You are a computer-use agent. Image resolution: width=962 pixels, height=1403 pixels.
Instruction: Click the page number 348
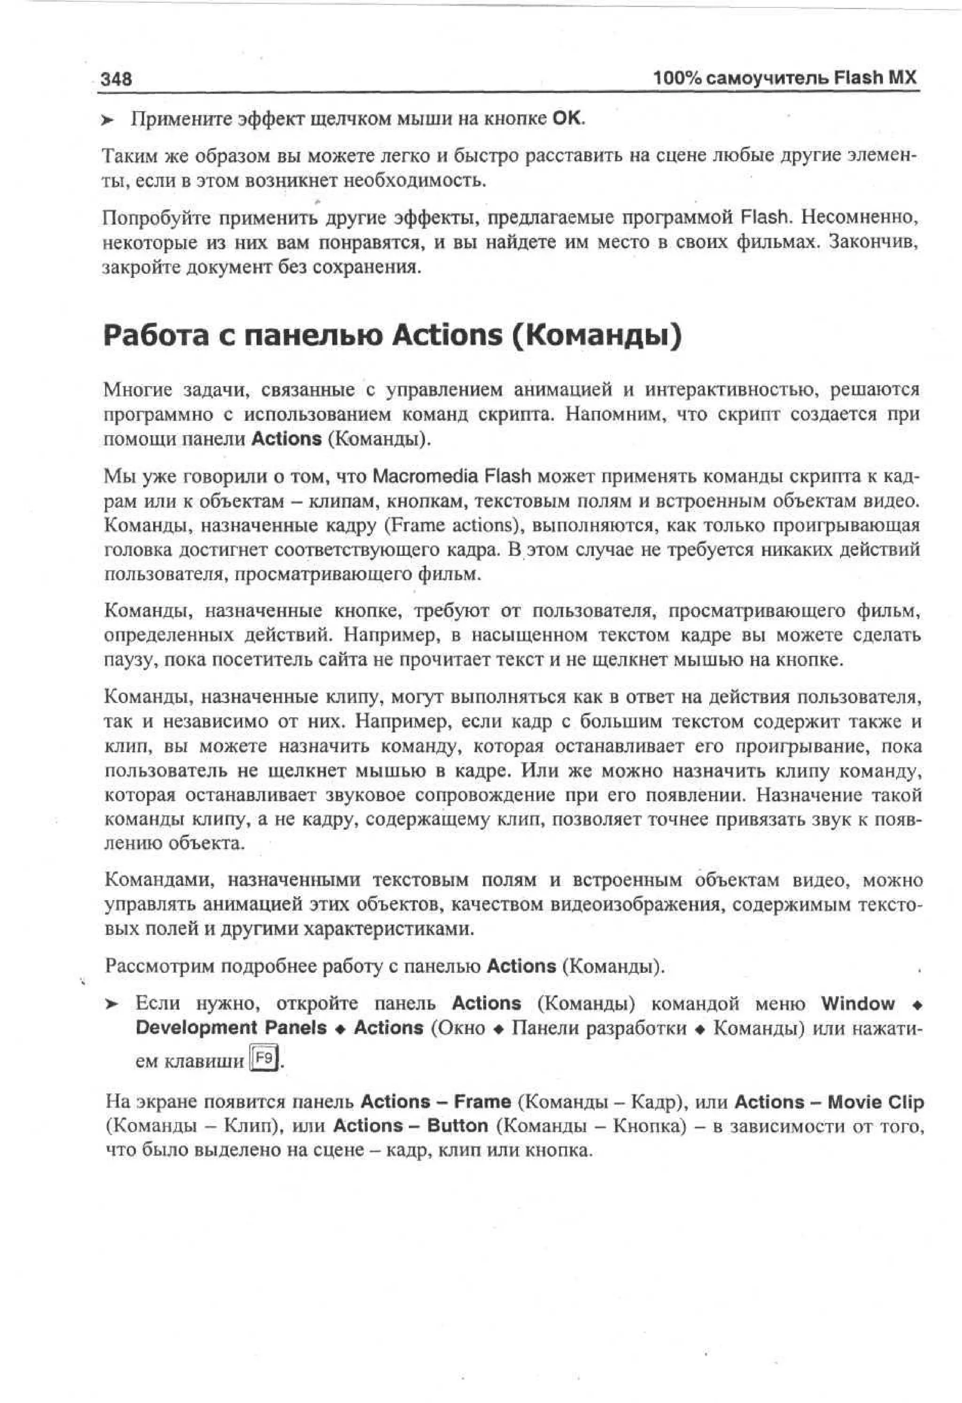pyautogui.click(x=116, y=78)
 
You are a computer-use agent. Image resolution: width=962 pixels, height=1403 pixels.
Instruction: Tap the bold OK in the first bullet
pyautogui.click(x=567, y=118)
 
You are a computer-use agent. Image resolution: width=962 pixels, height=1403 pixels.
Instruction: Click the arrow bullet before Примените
pyautogui.click(x=108, y=120)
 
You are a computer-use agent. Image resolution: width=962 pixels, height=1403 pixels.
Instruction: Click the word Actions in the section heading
pyautogui.click(x=447, y=335)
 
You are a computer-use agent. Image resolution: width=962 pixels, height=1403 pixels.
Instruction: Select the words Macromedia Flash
pyautogui.click(x=451, y=476)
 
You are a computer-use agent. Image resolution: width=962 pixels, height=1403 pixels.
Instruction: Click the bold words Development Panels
pyautogui.click(x=231, y=1028)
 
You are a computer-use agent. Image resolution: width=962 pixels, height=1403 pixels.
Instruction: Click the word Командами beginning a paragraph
pyautogui.click(x=159, y=880)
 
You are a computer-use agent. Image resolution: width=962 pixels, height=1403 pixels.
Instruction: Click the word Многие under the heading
pyautogui.click(x=138, y=390)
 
